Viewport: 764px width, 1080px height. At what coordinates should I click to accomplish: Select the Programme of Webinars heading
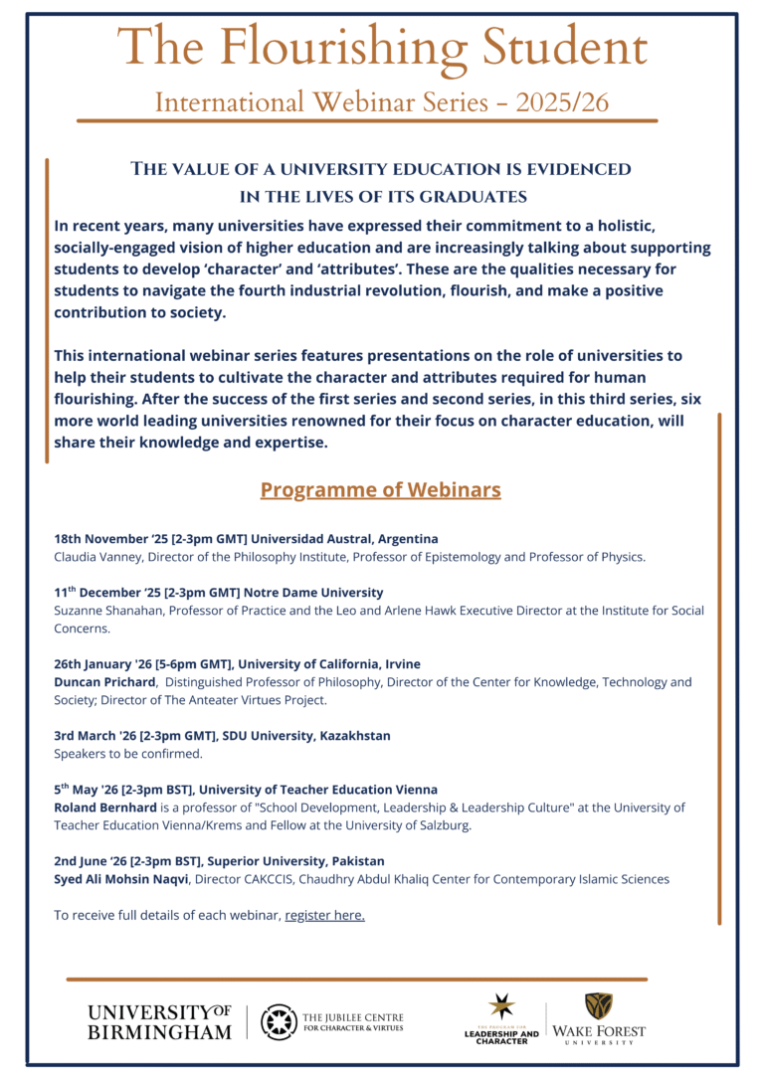pyautogui.click(x=380, y=490)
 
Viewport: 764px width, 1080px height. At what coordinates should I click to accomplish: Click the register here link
pyautogui.click(x=324, y=915)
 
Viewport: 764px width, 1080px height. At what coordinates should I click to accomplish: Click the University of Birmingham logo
pyautogui.click(x=159, y=1021)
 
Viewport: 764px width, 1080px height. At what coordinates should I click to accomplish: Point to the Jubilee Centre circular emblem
pyautogui.click(x=279, y=1021)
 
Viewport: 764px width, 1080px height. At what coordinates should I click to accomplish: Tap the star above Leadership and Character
pyautogui.click(x=501, y=1005)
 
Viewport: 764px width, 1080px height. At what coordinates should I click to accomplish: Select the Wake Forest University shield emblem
pyautogui.click(x=598, y=1004)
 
